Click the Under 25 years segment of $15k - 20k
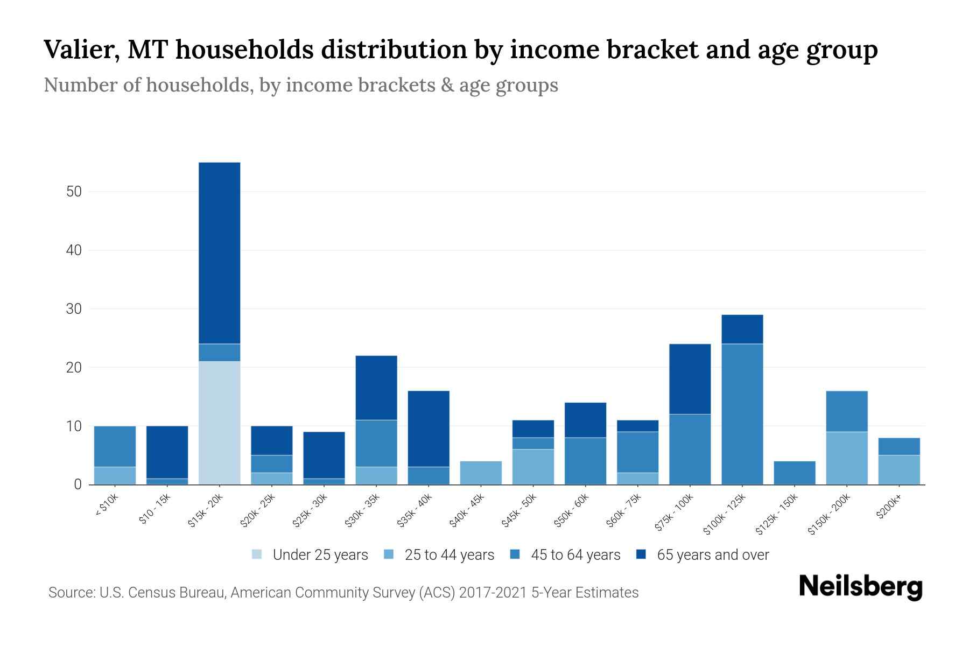point(219,423)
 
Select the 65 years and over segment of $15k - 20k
point(219,253)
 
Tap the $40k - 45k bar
point(481,473)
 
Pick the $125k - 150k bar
point(794,473)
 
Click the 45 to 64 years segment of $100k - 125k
point(742,414)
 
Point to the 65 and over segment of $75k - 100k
point(690,379)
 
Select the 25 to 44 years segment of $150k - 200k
point(846,458)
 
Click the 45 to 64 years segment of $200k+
point(898,446)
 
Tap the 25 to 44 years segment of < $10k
point(115,475)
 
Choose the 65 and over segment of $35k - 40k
point(429,429)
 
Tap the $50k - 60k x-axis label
point(572,510)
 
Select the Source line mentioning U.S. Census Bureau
point(343,593)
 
